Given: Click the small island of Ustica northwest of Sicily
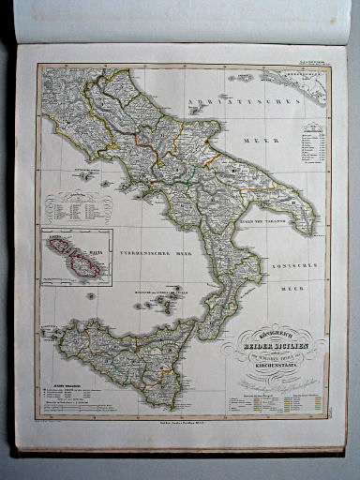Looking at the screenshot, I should [x=91, y=296].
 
